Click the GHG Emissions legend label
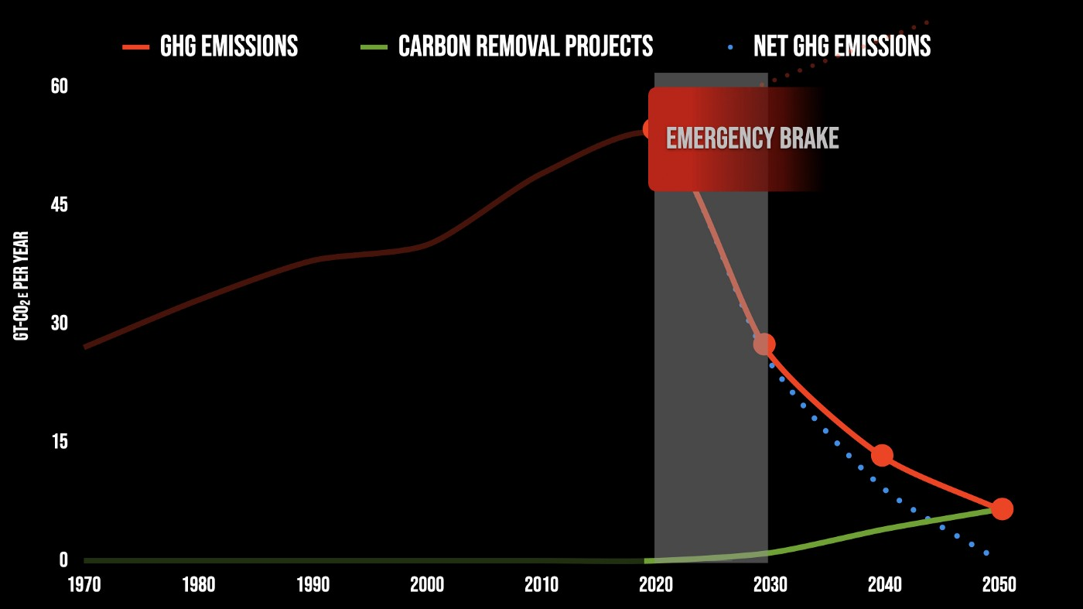click(228, 46)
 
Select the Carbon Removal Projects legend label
click(525, 46)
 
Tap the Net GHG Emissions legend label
click(842, 46)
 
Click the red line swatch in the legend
click(135, 47)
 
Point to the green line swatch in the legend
click(374, 47)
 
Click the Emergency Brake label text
click(752, 139)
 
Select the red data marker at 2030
click(764, 344)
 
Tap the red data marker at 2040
click(882, 455)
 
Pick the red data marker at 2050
click(1002, 508)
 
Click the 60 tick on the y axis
click(60, 86)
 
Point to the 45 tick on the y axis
click(60, 205)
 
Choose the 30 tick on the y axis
click(60, 323)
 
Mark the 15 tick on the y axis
click(60, 441)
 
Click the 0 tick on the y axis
click(63, 559)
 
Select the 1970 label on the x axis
click(84, 584)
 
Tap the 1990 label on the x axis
click(313, 584)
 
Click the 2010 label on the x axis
click(541, 584)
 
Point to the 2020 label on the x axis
click(655, 584)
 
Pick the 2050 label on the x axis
click(999, 584)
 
